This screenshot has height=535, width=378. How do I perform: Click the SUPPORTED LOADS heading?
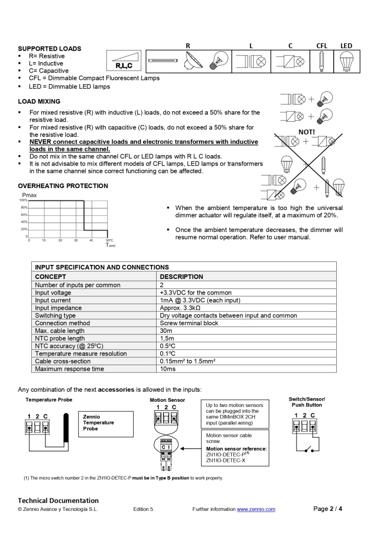(50, 49)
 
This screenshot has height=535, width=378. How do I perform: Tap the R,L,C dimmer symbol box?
(124, 61)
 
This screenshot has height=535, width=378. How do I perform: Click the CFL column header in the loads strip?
(322, 46)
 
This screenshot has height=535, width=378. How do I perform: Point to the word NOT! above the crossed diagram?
(306, 132)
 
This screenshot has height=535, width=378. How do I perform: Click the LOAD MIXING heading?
(39, 101)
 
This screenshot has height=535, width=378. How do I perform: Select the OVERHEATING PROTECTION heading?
(63, 185)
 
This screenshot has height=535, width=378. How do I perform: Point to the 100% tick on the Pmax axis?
(23, 200)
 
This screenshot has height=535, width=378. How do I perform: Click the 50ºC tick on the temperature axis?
(109, 240)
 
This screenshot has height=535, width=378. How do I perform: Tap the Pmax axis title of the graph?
(29, 195)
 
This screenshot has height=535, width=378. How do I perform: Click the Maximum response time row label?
(69, 369)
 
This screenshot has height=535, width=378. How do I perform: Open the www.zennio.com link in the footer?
(256, 509)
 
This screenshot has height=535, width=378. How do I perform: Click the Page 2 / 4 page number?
(328, 509)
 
